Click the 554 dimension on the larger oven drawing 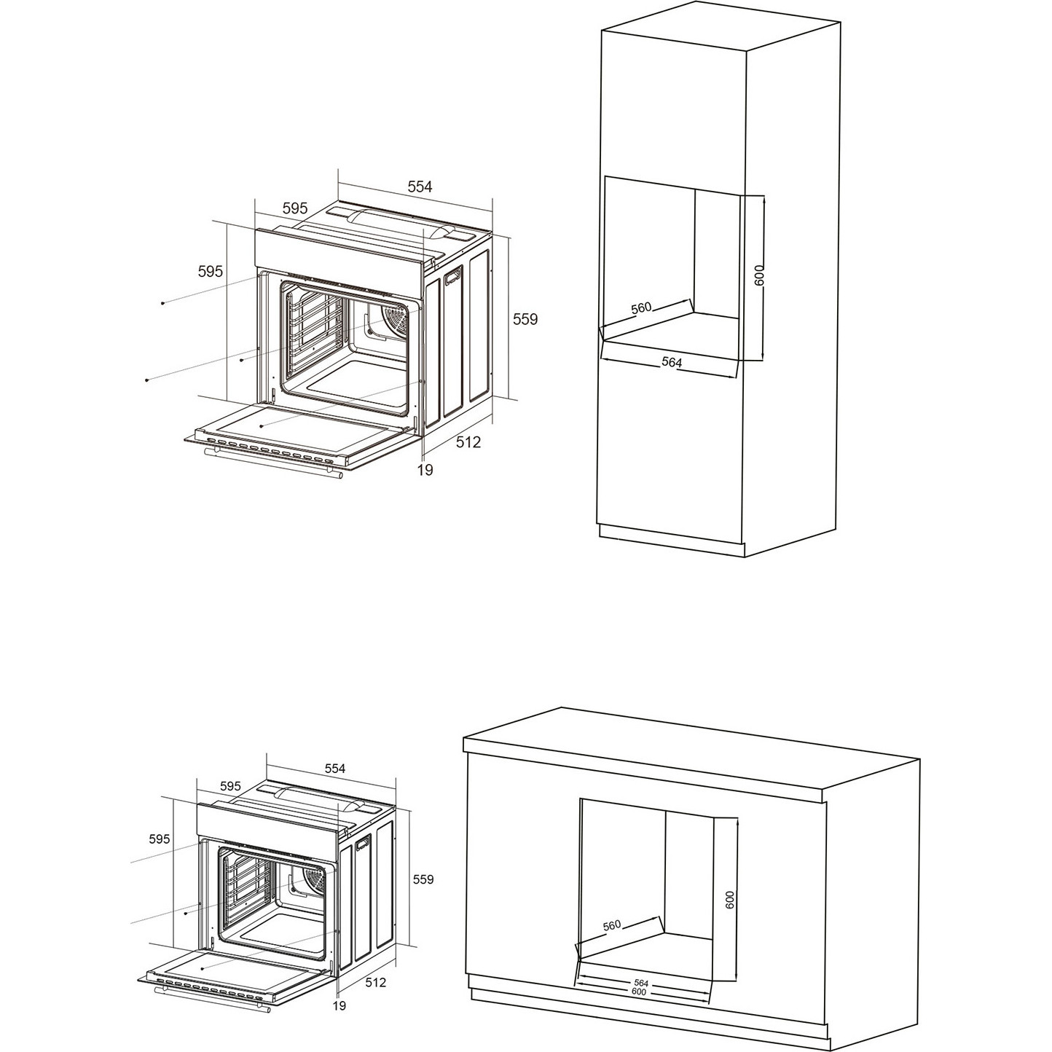point(420,187)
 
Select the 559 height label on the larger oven point(525,319)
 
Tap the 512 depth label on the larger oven point(468,442)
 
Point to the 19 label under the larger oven point(425,469)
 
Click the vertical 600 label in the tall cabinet point(759,275)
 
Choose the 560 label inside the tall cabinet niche point(641,308)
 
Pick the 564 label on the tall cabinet point(672,361)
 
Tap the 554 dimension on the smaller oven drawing point(335,769)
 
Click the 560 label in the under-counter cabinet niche point(612,925)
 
